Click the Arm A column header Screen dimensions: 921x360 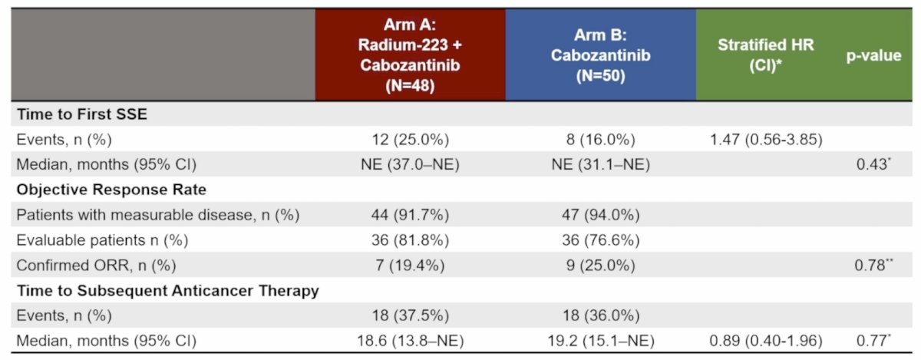click(x=410, y=54)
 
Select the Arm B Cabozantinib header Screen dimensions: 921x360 click(x=601, y=55)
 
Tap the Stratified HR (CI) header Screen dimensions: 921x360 click(x=766, y=55)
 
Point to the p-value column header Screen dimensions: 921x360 click(x=873, y=55)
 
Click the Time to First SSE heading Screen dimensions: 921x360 click(x=82, y=114)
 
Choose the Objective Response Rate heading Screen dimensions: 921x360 click(x=111, y=190)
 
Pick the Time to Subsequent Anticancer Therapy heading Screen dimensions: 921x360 click(x=168, y=290)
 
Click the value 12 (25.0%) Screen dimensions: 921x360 click(x=411, y=140)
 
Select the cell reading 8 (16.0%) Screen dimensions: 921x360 click(x=601, y=140)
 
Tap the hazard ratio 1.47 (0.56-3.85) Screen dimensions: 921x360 click(x=767, y=140)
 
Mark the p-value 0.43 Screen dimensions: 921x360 click(x=873, y=164)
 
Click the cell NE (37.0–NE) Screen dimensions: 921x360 click(x=410, y=164)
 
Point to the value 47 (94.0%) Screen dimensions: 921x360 click(x=601, y=215)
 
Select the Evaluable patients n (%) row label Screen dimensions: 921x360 click(x=102, y=240)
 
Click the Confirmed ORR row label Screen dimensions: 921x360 click(x=96, y=266)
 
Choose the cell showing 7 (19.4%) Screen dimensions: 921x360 click(x=410, y=266)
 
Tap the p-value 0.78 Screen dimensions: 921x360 click(x=873, y=265)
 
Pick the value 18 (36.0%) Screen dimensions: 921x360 click(x=601, y=315)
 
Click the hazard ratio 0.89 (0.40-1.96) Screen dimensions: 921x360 click(x=766, y=341)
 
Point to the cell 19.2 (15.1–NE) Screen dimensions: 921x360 click(x=601, y=341)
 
